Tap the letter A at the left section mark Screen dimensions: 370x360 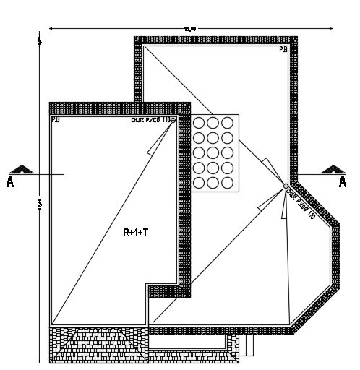(x=10, y=182)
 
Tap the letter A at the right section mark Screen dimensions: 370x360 (x=343, y=182)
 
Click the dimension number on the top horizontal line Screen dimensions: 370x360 (x=190, y=29)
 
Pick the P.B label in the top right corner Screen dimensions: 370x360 (x=283, y=49)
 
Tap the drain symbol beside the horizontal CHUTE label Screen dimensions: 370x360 (x=173, y=121)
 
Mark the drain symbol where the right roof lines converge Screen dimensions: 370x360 (x=286, y=187)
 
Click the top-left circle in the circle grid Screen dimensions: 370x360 (x=199, y=123)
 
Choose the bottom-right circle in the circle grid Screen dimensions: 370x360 (x=227, y=183)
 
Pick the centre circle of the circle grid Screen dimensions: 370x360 (x=213, y=152)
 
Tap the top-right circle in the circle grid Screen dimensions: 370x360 (x=227, y=123)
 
